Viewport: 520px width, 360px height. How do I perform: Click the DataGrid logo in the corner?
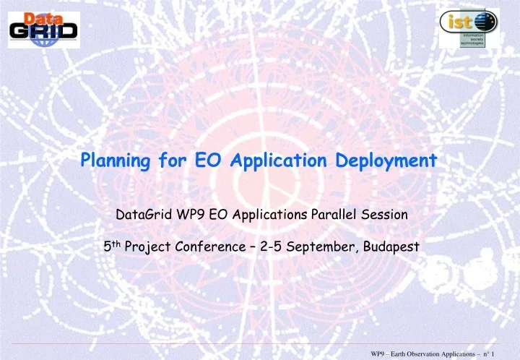pyautogui.click(x=44, y=25)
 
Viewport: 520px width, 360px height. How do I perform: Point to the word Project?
pyautogui.click(x=147, y=247)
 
